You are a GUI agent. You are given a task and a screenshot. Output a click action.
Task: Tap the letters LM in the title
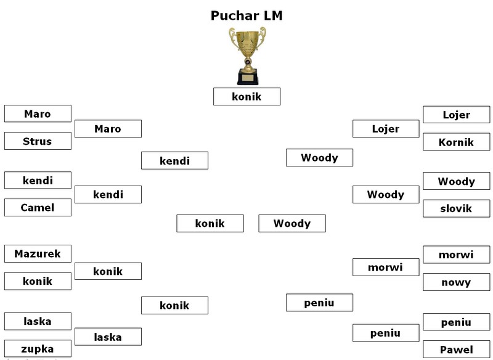pos(271,15)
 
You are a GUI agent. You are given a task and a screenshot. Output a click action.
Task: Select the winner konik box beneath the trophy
pos(247,97)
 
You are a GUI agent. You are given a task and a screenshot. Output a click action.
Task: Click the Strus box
pos(38,141)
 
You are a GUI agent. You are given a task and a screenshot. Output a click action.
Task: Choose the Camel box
pos(38,208)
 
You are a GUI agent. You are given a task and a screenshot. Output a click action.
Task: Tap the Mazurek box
pos(38,253)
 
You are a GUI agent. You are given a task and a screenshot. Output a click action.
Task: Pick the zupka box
pos(38,348)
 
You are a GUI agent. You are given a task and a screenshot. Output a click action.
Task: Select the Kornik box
pos(457,142)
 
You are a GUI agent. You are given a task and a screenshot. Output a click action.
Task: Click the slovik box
pos(457,208)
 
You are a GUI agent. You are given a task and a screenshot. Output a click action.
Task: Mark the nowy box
pos(457,282)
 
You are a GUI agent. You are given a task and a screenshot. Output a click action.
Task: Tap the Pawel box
pos(457,350)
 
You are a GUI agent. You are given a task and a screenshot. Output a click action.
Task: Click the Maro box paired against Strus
pos(38,113)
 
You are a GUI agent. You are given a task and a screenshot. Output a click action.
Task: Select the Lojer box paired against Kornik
pos(457,115)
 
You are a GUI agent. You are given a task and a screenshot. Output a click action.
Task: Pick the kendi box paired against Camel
pos(38,181)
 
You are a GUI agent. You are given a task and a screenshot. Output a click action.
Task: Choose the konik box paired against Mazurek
pos(38,281)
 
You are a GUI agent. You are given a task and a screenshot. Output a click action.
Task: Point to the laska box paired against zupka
pos(38,321)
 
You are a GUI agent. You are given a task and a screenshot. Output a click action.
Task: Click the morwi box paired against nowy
pos(457,255)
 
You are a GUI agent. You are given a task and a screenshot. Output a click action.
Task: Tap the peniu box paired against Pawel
pos(457,322)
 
